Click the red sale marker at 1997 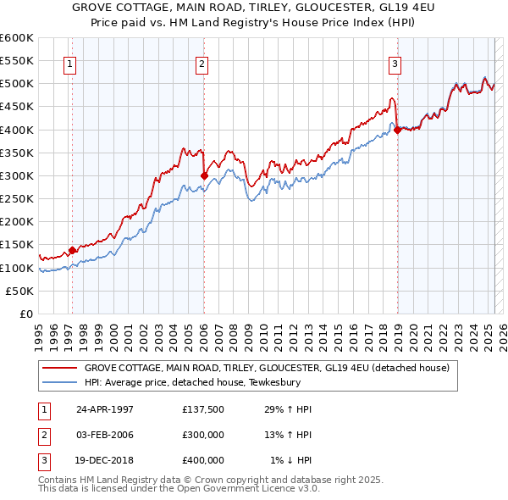(x=73, y=250)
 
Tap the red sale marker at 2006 (x=204, y=175)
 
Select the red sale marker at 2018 (x=397, y=130)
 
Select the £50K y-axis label (x=19, y=291)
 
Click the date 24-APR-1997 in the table (x=105, y=409)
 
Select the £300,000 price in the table (x=203, y=435)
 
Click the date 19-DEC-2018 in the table (x=105, y=460)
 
